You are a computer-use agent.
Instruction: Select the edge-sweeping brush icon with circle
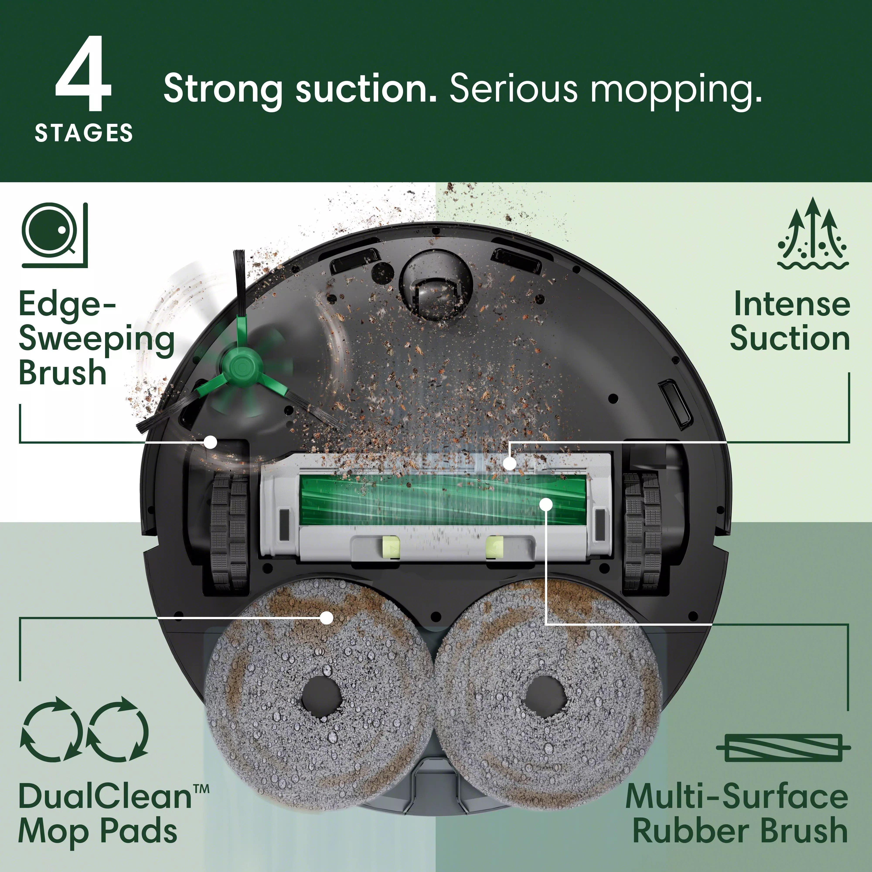pos(54,235)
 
